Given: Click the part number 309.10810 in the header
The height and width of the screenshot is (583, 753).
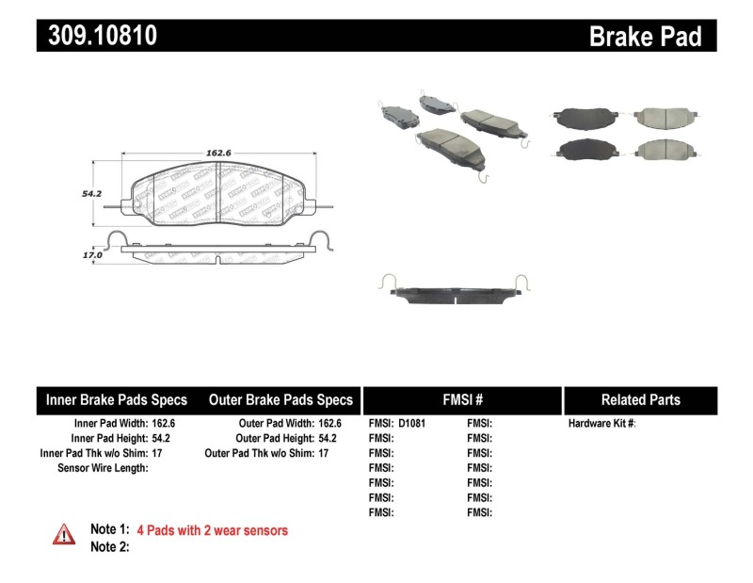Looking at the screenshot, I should pos(97,36).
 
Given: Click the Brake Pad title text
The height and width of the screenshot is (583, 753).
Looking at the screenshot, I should pos(646,36).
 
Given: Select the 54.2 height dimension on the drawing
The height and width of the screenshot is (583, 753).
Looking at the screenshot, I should pos(91,192).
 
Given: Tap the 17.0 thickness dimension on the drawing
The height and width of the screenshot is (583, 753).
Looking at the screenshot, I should pos(91,253).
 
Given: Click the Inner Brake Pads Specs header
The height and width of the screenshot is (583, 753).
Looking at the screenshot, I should pos(117,399).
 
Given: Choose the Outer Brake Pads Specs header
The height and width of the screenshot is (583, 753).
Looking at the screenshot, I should pos(280,399).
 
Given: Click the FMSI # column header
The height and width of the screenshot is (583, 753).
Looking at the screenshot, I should pos(462,399).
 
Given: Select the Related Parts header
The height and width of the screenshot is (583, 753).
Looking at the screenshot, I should pos(640,399).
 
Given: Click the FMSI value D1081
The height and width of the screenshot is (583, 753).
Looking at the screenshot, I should pos(411,424).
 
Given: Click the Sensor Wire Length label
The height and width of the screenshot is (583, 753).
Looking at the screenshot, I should pos(103,467).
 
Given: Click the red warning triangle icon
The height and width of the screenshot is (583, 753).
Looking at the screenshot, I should pos(63,534).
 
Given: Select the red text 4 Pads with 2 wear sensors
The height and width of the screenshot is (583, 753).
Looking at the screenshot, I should pos(212,530).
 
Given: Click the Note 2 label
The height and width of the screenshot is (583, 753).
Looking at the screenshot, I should pos(109,546).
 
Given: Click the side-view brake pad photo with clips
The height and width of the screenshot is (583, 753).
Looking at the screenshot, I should pos(455,292).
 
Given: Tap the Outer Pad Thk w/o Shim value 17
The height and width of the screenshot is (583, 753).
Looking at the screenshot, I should pos(323,453).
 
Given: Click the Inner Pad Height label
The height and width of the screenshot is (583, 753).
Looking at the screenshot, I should pos(108,438).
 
